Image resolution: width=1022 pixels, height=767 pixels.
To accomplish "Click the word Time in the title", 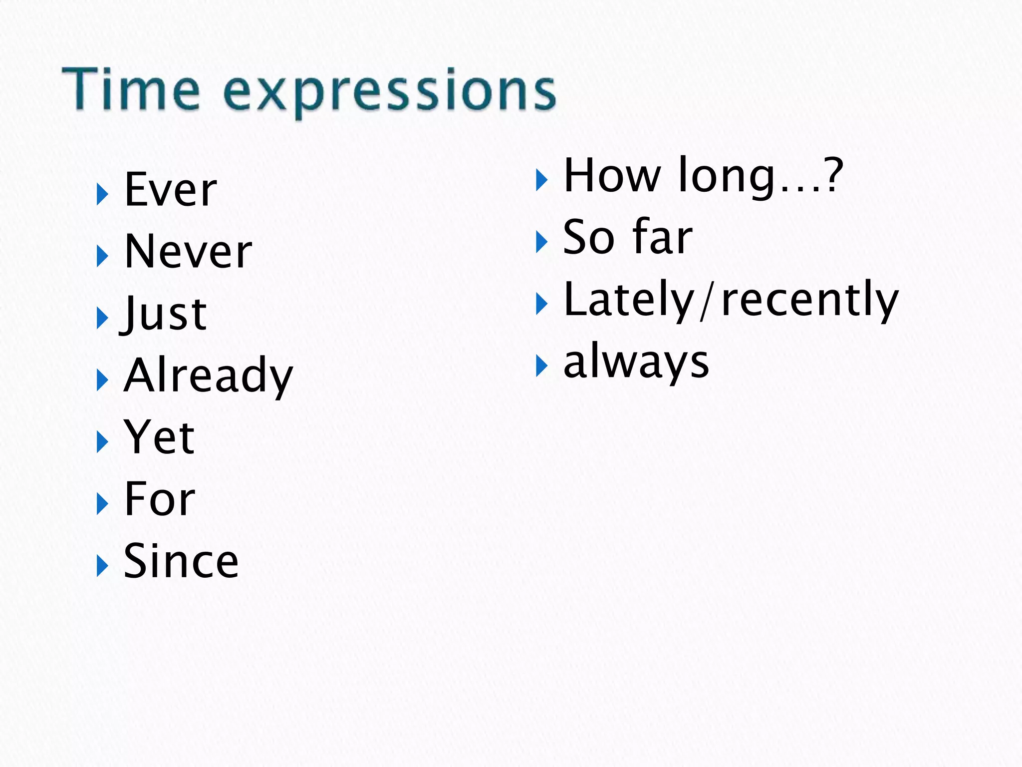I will click(131, 90).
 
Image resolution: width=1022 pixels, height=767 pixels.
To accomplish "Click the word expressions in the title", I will click(389, 92).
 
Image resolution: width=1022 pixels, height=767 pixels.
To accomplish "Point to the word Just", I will click(164, 314).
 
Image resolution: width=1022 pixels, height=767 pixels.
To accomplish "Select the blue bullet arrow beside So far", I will click(541, 242).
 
